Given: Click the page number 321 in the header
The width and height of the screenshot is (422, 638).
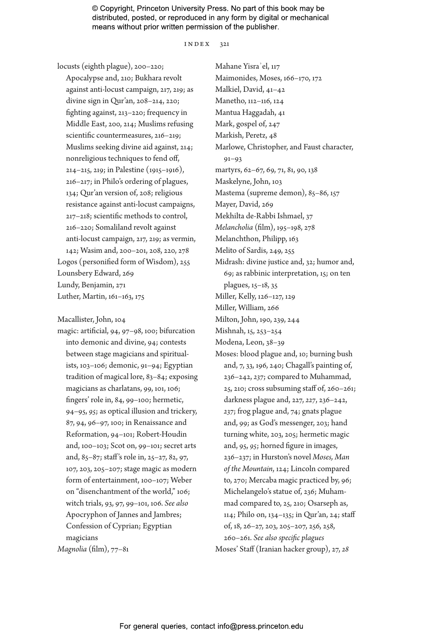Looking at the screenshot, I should [225, 44].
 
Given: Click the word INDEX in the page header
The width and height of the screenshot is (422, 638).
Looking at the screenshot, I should [197, 44].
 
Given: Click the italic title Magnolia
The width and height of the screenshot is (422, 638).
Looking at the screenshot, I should [72, 549].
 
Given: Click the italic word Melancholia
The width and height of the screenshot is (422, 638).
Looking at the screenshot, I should [234, 228].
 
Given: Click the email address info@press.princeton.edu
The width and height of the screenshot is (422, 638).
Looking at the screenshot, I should [260, 626].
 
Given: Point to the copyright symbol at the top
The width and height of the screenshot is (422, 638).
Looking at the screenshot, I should [95, 9].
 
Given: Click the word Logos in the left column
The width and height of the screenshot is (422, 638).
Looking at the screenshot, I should [67, 262].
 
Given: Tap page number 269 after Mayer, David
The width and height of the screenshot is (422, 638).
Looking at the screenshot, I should [267, 205].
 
